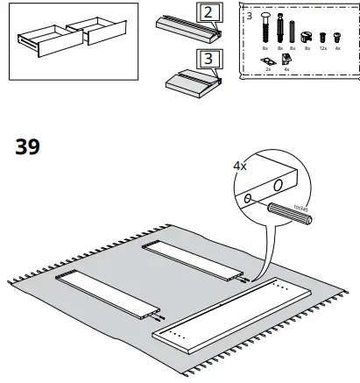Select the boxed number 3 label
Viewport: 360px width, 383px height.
click(207, 59)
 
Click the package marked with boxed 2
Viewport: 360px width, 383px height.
click(186, 30)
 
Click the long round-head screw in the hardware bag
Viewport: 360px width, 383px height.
click(265, 32)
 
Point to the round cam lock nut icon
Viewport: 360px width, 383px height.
click(307, 38)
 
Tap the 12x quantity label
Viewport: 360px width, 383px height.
click(324, 49)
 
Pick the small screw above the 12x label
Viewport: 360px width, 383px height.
click(323, 38)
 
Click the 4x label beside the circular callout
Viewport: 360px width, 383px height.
click(239, 164)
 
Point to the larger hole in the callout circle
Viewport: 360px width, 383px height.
click(278, 185)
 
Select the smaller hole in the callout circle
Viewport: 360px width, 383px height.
click(248, 200)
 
